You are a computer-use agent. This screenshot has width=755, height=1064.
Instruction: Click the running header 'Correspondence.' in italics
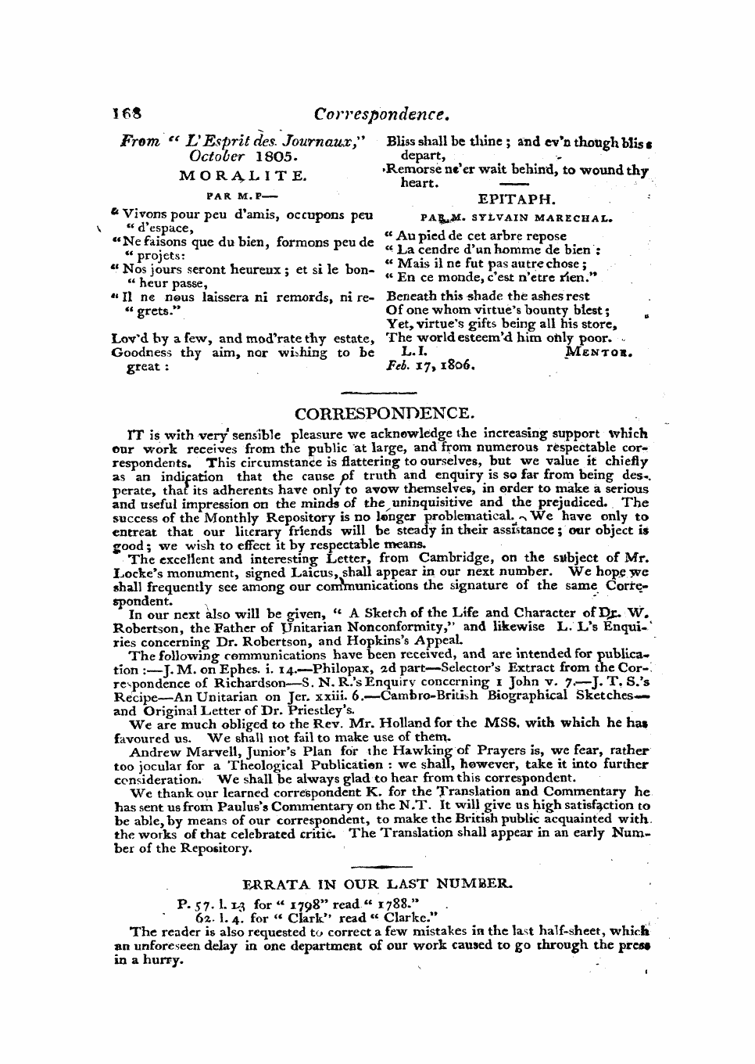point(381,114)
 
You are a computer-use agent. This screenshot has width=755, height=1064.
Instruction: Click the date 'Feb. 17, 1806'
point(431,365)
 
